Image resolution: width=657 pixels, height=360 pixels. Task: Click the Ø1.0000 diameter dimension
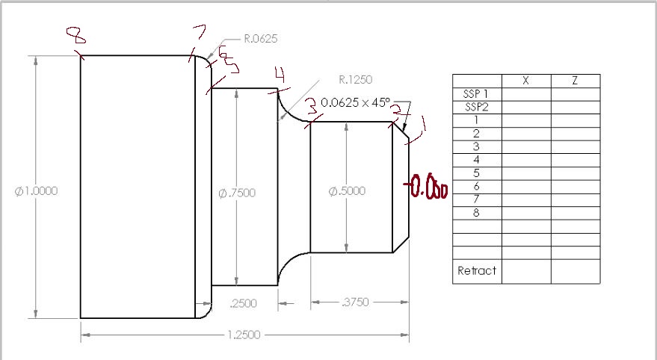click(x=37, y=190)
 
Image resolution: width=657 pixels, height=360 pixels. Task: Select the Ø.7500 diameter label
click(x=237, y=193)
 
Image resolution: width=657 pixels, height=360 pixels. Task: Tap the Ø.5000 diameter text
click(x=347, y=191)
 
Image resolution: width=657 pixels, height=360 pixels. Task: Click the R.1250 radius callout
click(x=355, y=78)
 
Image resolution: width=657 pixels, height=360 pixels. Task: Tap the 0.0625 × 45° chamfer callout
click(x=356, y=102)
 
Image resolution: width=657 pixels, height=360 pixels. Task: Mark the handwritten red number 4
click(x=280, y=75)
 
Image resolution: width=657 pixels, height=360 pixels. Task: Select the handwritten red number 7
click(x=199, y=34)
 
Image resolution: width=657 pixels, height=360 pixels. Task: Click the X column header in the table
click(x=526, y=81)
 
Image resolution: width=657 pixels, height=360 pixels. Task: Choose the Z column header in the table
click(x=575, y=81)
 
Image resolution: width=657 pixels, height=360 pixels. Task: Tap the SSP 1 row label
click(x=477, y=94)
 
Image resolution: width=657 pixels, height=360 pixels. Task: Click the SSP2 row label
click(x=477, y=107)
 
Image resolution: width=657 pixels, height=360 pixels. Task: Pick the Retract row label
click(x=477, y=270)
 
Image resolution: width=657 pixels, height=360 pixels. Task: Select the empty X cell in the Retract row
click(x=526, y=270)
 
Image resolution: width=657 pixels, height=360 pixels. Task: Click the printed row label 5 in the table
click(x=477, y=173)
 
